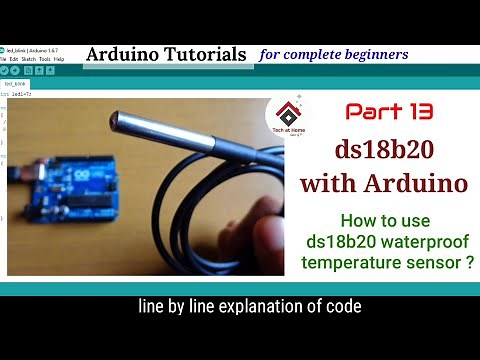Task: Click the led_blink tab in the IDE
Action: click(15, 84)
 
